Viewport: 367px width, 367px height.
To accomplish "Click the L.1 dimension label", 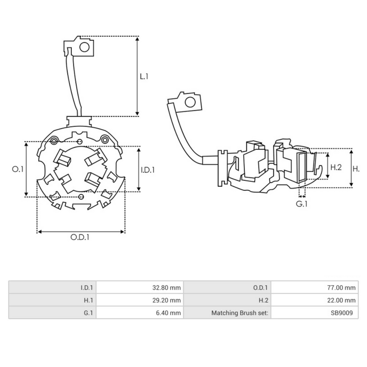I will point(144,76).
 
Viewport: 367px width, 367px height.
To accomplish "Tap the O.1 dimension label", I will point(18,169).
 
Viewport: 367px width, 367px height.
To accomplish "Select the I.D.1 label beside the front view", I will point(148,170).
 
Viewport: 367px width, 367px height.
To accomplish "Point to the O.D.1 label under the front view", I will point(80,237).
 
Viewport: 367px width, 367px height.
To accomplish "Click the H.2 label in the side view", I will point(336,167).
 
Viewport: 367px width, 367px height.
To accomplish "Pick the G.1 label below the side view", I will point(302,203).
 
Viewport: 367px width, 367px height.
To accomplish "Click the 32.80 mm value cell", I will point(139,287).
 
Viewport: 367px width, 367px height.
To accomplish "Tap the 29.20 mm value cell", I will point(139,300).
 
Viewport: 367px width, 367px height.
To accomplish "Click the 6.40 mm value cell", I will point(139,313).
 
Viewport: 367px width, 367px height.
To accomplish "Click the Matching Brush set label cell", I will point(227,313).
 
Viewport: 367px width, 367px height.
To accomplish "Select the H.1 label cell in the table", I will point(53,300).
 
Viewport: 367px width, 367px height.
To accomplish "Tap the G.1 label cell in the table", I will point(53,313).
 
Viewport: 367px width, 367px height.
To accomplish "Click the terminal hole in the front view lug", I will point(84,47).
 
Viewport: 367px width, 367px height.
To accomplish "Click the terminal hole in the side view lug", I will point(190,102).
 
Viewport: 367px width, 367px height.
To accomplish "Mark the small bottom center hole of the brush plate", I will point(81,197).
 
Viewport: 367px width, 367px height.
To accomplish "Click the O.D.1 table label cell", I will point(227,287).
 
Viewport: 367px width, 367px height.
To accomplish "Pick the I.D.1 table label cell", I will point(53,287).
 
